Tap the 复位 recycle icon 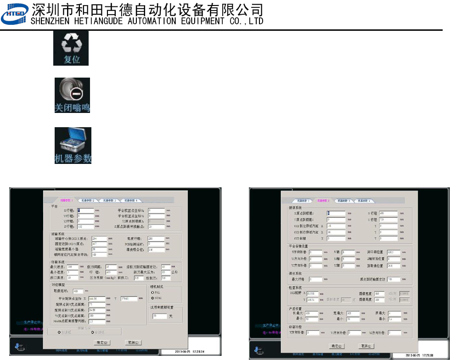click(x=71, y=48)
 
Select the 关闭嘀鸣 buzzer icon click(x=72, y=95)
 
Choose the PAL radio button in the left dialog click(x=152, y=292)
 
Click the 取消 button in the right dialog click(x=365, y=346)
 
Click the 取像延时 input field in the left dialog click(x=77, y=291)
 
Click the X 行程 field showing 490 click(x=388, y=213)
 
